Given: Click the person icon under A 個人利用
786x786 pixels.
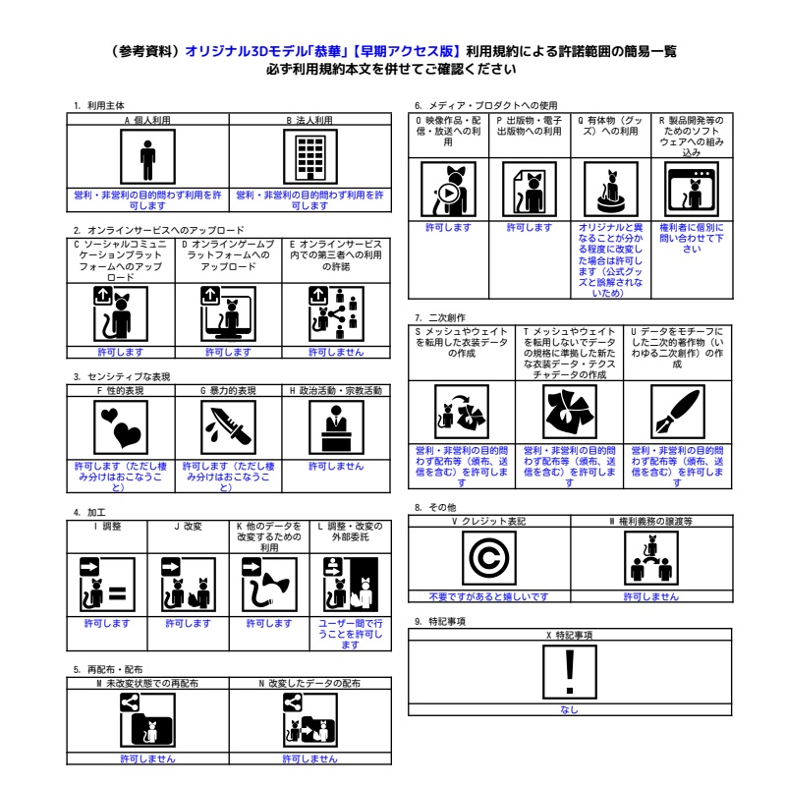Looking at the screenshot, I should coord(147,158).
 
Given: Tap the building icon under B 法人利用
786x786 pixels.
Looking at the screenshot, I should coord(309,158).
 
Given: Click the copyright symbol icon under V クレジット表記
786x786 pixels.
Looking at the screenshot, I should coord(488,559).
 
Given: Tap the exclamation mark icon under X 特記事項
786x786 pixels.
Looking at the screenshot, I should coord(569,673).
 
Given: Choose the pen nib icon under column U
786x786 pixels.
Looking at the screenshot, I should coord(677,413).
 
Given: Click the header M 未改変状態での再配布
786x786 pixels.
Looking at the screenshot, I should coord(147,682).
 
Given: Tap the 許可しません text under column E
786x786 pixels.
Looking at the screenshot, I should coord(336,352).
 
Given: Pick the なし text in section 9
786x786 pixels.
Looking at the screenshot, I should coord(569,709).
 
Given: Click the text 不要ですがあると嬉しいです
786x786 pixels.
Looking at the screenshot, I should coord(488,596).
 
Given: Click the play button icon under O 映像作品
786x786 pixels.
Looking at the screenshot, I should coord(447,193).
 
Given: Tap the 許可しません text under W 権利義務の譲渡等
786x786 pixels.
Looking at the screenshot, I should coord(650,596).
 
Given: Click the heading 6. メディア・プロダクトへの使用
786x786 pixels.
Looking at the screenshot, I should coord(485,105).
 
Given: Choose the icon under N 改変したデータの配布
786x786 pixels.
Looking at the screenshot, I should coord(309,721).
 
